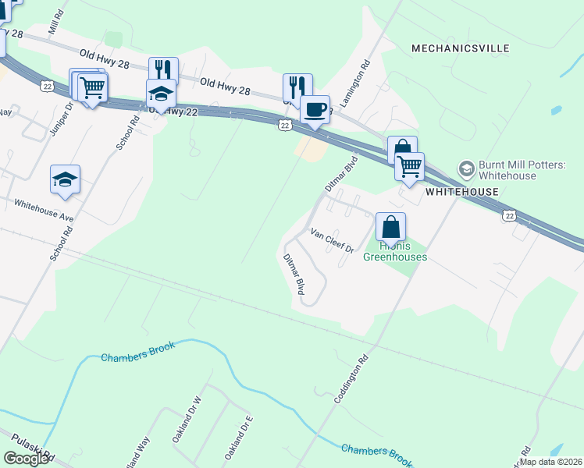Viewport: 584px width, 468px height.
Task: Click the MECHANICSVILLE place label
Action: [461, 48]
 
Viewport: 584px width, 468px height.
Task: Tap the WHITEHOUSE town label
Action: [461, 192]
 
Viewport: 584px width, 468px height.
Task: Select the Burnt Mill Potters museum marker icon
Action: [466, 168]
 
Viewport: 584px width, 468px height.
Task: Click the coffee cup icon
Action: [315, 109]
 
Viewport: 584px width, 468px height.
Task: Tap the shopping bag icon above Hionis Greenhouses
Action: [391, 227]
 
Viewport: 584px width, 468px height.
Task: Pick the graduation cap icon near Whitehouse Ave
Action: [65, 179]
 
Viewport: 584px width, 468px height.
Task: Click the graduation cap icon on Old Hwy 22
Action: [162, 94]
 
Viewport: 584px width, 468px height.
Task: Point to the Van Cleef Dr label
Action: [333, 241]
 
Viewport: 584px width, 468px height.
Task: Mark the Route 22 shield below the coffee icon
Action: [285, 125]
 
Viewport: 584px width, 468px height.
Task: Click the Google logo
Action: [26, 458]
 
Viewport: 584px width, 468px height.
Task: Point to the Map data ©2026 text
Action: [550, 461]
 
